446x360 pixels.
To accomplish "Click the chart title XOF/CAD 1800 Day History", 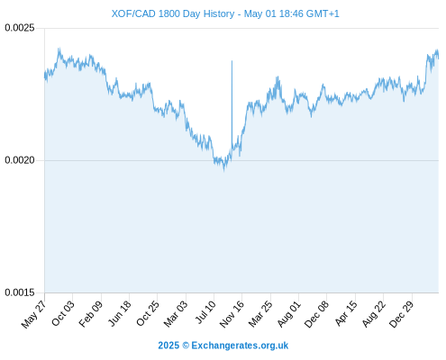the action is click(x=173, y=13).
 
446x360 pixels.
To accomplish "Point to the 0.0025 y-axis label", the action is click(x=20, y=28).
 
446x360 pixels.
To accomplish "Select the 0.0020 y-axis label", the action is click(x=20, y=160).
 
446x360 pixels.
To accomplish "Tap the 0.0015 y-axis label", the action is click(x=20, y=292).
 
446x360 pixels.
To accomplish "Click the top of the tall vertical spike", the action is click(x=232, y=60).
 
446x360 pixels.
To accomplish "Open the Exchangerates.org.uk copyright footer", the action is click(x=223, y=346).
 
